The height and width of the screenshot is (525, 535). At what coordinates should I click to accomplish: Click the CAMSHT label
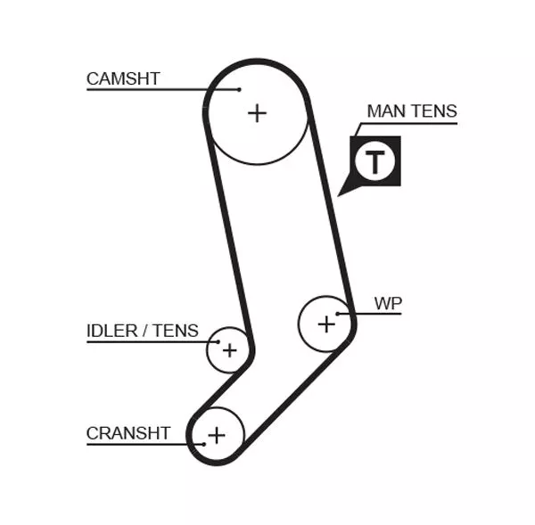coord(123,78)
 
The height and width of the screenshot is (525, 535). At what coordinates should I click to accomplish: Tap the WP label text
coord(388,303)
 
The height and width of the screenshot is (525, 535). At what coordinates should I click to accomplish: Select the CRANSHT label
coord(128,433)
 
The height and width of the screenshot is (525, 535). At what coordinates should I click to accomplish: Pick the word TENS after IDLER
coord(176,331)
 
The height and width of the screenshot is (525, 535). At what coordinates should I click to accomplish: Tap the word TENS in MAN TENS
coord(436,111)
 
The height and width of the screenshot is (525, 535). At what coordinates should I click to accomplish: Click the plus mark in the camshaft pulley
coord(257,113)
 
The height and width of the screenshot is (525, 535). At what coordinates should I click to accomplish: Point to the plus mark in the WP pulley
coord(326,324)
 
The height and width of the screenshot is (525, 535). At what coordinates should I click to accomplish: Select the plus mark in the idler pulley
coord(229,350)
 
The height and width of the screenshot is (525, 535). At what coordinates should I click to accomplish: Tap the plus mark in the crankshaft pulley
coord(216,435)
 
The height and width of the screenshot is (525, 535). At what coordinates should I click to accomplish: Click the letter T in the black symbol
coord(375,162)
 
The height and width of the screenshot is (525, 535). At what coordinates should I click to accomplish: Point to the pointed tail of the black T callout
coord(341,193)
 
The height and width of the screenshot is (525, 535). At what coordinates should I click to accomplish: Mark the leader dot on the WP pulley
coord(338,314)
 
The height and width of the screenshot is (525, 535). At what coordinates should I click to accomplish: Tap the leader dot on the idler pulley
coord(215,341)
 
